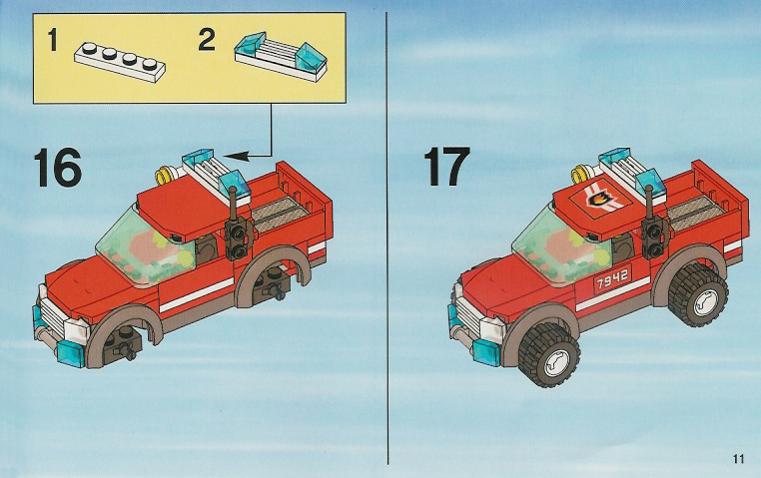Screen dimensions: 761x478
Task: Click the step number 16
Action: (57, 168)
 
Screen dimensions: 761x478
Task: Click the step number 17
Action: (446, 167)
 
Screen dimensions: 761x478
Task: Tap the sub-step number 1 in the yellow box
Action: (53, 40)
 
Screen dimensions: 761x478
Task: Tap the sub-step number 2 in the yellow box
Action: (207, 39)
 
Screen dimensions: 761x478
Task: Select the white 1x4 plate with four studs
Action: (120, 61)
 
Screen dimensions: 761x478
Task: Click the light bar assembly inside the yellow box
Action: (281, 54)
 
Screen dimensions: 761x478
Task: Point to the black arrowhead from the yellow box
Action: (237, 156)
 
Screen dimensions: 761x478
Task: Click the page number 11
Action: (739, 458)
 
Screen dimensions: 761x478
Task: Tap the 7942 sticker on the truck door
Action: (612, 277)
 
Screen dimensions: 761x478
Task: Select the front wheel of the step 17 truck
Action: (549, 355)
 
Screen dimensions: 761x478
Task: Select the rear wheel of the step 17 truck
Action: (698, 295)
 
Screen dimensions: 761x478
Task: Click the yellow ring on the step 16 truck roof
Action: (166, 174)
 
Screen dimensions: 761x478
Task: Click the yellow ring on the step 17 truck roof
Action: (582, 173)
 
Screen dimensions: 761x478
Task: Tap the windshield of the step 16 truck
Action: (147, 247)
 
